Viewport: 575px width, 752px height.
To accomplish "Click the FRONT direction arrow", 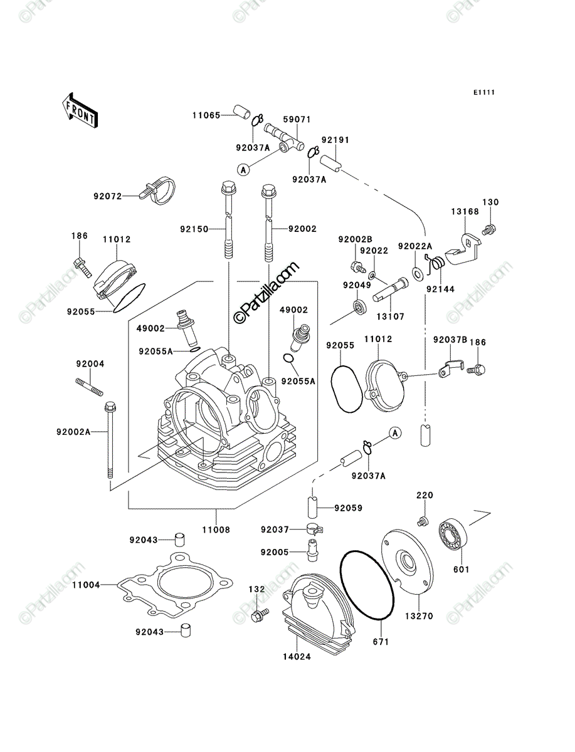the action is pos(80,111).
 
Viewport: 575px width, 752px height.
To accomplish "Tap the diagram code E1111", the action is pos(484,93).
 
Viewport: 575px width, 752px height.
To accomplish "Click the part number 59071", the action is pos(297,120).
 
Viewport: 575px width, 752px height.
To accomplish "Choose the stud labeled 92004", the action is pos(89,387).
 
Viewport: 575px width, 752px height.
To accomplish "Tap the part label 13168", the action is pos(465,212).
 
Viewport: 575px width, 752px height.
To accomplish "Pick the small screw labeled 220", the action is pos(423,521).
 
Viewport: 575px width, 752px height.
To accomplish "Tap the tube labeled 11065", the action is pos(242,113).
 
